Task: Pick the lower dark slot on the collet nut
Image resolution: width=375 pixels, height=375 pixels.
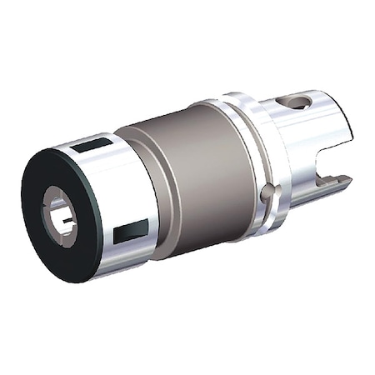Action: pos(130,231)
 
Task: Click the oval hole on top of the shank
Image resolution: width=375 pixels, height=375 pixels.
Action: pos(297,102)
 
